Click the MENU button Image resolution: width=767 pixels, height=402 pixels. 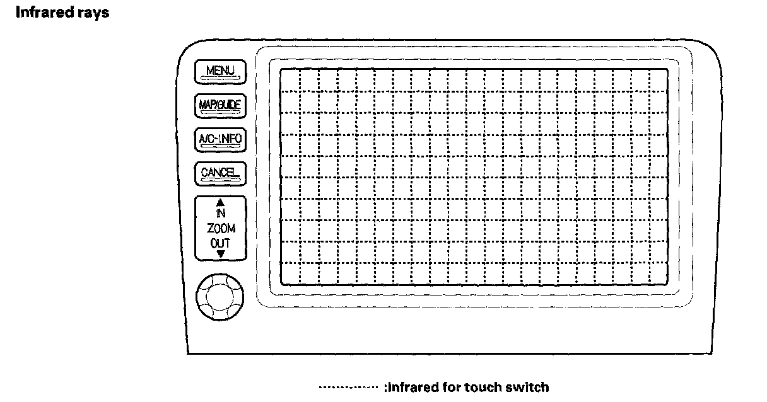point(220,71)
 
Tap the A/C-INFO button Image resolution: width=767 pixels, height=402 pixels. point(220,138)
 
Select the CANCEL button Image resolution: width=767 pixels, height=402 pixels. point(220,173)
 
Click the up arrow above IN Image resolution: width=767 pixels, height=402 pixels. point(220,203)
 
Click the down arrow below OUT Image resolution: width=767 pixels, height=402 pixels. point(220,253)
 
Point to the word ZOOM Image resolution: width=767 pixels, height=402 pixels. point(220,229)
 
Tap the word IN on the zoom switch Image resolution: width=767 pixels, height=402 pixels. point(220,214)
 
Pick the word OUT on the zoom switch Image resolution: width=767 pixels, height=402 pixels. point(220,243)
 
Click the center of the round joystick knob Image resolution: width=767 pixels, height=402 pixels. point(220,296)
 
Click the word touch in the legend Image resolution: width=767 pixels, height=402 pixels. point(483,387)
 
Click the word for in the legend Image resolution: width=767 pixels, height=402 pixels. point(450,387)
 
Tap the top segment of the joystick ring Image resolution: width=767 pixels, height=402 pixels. point(220,278)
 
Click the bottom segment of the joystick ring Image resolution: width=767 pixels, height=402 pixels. point(220,314)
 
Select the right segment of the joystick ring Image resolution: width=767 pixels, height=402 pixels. point(238,296)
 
